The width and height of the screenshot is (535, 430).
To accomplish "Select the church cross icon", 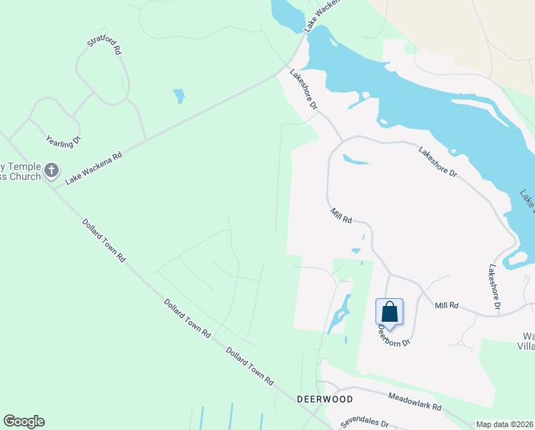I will click(x=51, y=171).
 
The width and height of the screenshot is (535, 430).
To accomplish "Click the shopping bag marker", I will click(x=389, y=312).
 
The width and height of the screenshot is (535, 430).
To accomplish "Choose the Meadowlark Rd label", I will click(x=415, y=401).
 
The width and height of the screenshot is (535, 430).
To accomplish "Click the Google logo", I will click(x=24, y=421).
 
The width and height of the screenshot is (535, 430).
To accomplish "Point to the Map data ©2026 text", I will click(x=504, y=424).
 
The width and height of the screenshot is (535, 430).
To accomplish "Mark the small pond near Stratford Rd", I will click(x=179, y=95).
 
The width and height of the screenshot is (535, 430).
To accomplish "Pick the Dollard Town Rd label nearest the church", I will click(x=103, y=241).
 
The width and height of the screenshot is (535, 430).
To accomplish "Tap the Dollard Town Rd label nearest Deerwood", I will click(x=250, y=367).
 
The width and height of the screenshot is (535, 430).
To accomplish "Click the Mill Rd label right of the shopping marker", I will click(x=446, y=306).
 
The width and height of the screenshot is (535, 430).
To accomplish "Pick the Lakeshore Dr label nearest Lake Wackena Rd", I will click(x=303, y=89).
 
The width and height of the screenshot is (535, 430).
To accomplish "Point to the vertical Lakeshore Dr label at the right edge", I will click(x=494, y=288).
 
